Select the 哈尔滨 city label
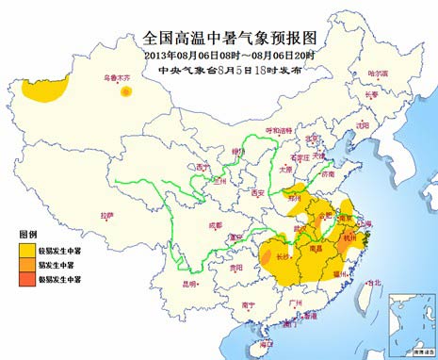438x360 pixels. pos(378,73)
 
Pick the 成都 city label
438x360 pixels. pos(216,225)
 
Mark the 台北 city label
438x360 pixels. pos(374,281)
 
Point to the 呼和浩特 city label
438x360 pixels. pos(278,130)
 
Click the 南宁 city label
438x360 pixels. pos(248,304)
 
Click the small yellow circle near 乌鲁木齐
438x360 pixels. pos(126,92)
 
